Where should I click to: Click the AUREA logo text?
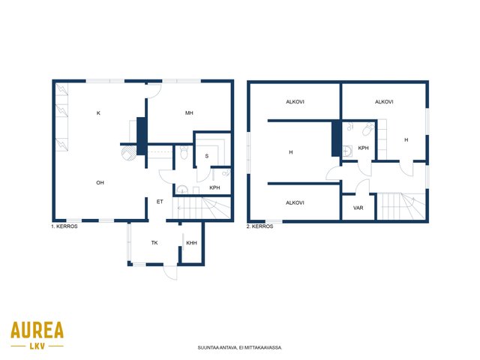tap(37, 330)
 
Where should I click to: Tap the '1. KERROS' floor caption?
tap(64, 226)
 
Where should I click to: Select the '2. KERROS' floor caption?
tap(260, 226)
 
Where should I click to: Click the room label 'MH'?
tap(189, 113)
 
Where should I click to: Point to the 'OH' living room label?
tap(100, 183)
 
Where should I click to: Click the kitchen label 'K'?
tap(98, 113)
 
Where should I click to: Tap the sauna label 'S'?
tap(207, 156)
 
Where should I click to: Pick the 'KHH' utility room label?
tap(192, 243)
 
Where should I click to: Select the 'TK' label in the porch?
tap(154, 243)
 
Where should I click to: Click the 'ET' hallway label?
tap(160, 202)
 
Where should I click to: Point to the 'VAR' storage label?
tap(358, 208)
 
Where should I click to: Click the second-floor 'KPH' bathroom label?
tap(363, 148)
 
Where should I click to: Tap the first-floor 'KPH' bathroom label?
tap(214, 187)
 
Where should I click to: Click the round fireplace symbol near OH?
tap(128, 153)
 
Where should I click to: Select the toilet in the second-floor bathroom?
tap(368, 129)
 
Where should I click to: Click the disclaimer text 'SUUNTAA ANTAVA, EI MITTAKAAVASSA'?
tap(240, 348)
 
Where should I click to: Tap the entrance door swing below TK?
tap(170, 272)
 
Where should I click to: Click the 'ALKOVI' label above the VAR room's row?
tap(295, 202)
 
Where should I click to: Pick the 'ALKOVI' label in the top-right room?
tap(384, 102)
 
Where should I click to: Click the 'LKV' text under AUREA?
tap(37, 346)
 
